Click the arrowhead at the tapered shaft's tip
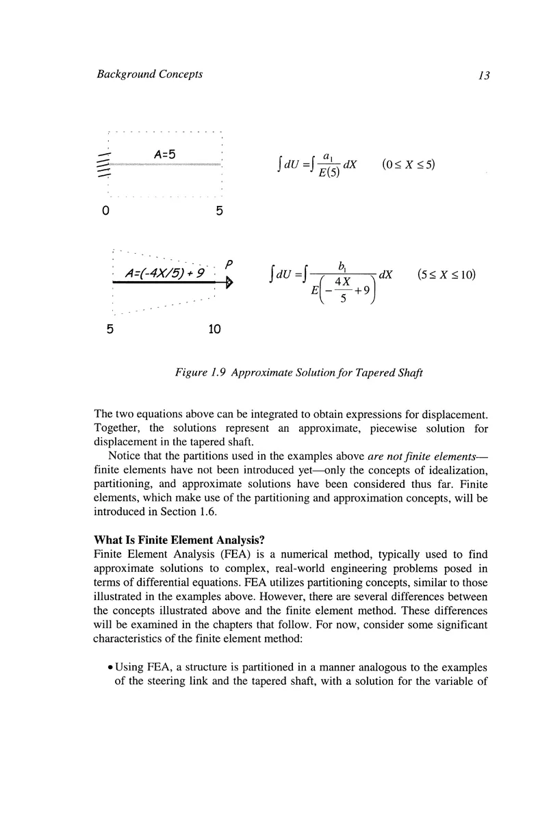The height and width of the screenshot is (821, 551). [x=229, y=281]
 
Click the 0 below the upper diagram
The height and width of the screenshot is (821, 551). [x=105, y=211]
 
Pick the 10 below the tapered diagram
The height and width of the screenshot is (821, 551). [x=214, y=329]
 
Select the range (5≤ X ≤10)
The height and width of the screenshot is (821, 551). [x=446, y=275]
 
